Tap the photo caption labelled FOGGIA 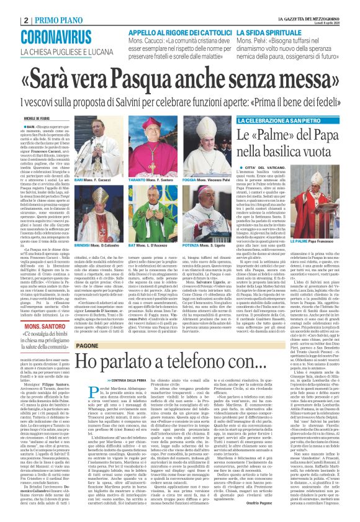pos(194,179)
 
